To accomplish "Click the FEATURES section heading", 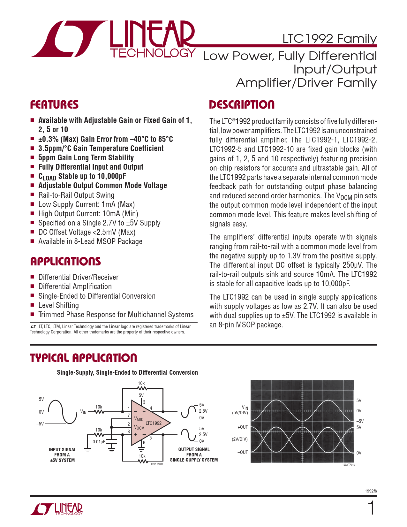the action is [54, 104].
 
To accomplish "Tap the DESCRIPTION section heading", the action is [242, 104].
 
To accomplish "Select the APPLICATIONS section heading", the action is [65, 261].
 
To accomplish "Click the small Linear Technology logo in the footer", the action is [56, 509].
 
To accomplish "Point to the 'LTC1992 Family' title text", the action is [329, 39].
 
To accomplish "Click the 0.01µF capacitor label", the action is [99, 442].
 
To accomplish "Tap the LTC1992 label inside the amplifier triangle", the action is [154, 423].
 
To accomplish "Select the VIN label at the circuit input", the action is [83, 412].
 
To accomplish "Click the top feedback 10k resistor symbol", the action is [141, 388].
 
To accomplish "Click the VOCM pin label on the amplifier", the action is [139, 427].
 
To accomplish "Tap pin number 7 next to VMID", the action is [129, 415].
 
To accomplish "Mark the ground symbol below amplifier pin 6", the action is [141, 448].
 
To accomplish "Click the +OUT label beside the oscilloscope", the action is [243, 427].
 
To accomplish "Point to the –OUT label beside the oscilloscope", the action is [243, 452].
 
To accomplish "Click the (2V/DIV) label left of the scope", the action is [240, 439].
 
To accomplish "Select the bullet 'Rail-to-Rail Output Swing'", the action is [76, 195].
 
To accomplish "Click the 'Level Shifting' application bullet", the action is [59, 305].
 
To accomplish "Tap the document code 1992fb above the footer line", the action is [371, 491].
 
